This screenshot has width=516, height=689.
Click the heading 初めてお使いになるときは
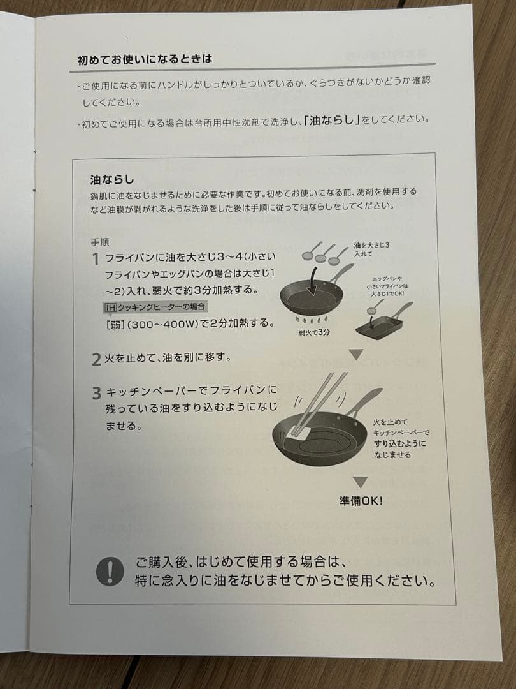(x=145, y=59)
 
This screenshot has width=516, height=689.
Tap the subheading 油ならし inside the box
(x=112, y=179)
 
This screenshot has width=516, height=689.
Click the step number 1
(x=95, y=260)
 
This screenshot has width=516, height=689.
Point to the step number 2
(x=96, y=360)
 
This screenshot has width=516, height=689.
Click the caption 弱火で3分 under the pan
(x=314, y=332)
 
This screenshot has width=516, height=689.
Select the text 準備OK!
(x=361, y=501)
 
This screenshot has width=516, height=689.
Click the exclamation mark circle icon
(x=110, y=571)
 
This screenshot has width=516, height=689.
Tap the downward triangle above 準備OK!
(x=361, y=482)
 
